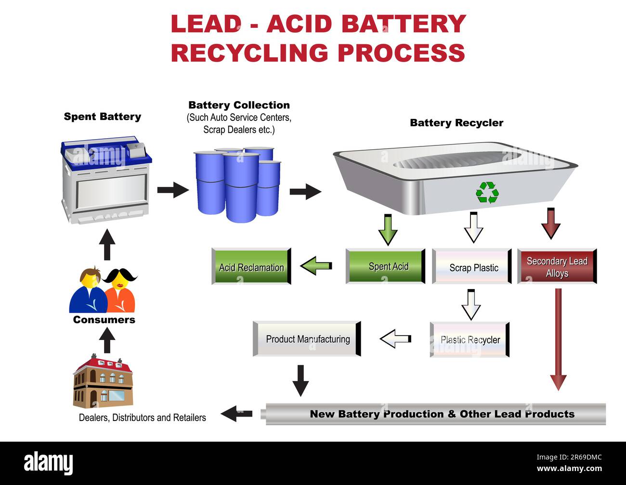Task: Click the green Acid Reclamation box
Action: point(251,266)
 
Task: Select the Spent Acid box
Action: point(386,266)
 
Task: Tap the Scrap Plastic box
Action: point(472,266)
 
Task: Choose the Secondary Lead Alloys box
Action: point(557,266)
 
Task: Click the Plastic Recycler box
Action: point(469,340)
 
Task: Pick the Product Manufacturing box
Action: point(307,339)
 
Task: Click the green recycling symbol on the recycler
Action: point(487,193)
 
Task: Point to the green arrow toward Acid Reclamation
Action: point(316,266)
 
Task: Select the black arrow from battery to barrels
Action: point(173,190)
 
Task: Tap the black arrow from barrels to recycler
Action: point(305,191)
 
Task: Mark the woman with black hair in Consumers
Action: point(120,291)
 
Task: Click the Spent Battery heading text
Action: point(102,117)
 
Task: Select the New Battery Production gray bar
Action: point(436,414)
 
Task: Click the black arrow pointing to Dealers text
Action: point(236,414)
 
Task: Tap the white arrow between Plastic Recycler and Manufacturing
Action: point(396,339)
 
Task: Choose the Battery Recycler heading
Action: point(456,123)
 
